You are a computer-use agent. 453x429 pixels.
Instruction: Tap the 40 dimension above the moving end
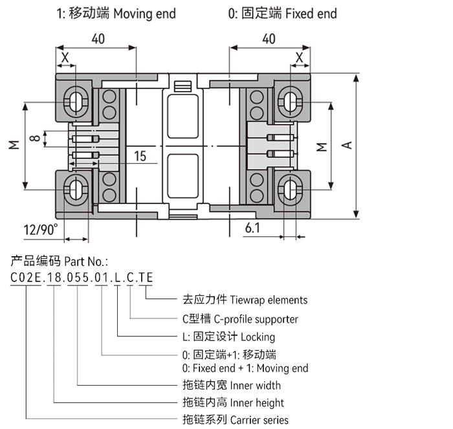pyautogui.click(x=98, y=39)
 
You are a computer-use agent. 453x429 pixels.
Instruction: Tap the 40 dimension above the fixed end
pyautogui.click(x=269, y=39)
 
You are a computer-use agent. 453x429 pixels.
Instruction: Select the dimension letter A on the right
pyautogui.click(x=347, y=146)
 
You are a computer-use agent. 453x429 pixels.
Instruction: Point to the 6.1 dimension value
pyautogui.click(x=253, y=228)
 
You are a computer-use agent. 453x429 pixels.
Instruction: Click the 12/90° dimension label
pyautogui.click(x=40, y=229)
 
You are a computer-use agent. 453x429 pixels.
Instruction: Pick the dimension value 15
pyautogui.click(x=140, y=156)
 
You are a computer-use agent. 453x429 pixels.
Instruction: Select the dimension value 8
pyautogui.click(x=36, y=137)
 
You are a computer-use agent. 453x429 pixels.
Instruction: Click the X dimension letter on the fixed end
pyautogui.click(x=299, y=58)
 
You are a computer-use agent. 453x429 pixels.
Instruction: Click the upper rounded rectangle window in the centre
pyautogui.click(x=182, y=116)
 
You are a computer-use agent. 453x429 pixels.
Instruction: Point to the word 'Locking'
pyautogui.click(x=258, y=336)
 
